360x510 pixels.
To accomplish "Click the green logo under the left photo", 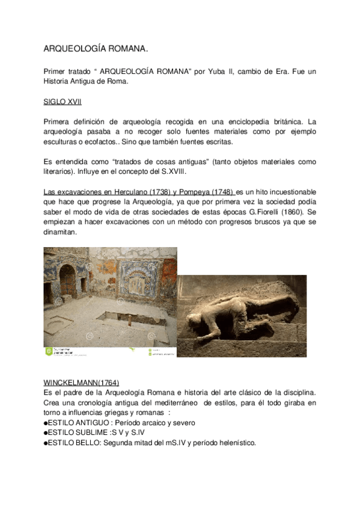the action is point(49,351).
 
